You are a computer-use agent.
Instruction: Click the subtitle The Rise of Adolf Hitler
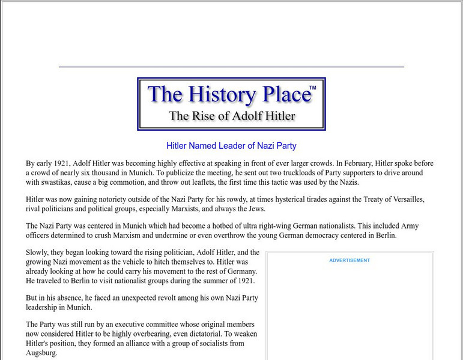click(232, 116)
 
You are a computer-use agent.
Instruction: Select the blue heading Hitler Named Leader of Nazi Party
click(231, 146)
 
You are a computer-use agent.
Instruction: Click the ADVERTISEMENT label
click(350, 260)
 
